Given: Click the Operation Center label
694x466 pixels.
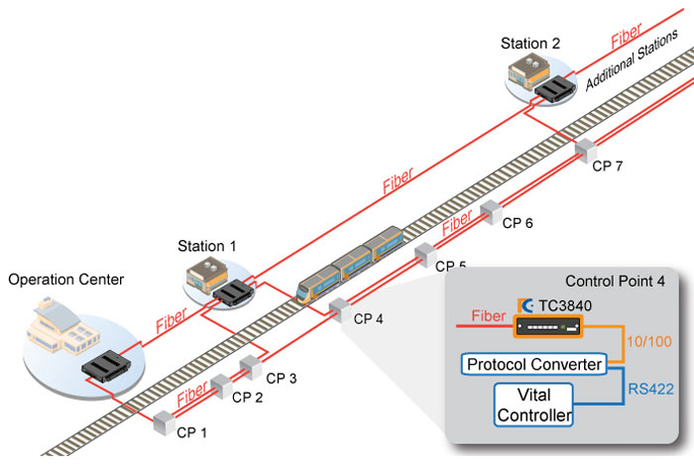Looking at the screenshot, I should (x=66, y=280).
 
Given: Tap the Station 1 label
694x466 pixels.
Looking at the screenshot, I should (x=207, y=245).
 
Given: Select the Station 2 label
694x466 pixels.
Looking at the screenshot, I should (x=530, y=44).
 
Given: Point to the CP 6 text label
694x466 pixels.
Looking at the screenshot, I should (x=518, y=223).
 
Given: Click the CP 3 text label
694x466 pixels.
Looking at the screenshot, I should (x=282, y=378).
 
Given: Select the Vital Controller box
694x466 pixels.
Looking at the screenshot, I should (x=535, y=405).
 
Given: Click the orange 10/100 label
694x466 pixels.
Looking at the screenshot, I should (x=653, y=341).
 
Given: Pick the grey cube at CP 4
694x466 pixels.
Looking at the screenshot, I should (x=339, y=307).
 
